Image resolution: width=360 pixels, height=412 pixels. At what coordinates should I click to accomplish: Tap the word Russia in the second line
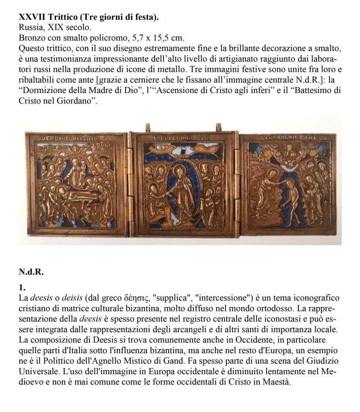pyautogui.click(x=29, y=28)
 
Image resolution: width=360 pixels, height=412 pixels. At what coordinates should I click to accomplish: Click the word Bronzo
pyautogui.click(x=31, y=39)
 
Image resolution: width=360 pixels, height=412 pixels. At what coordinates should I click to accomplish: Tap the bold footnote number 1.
pyautogui.click(x=22, y=288)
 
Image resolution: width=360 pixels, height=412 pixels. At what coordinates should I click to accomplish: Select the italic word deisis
pyautogui.click(x=70, y=298)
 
